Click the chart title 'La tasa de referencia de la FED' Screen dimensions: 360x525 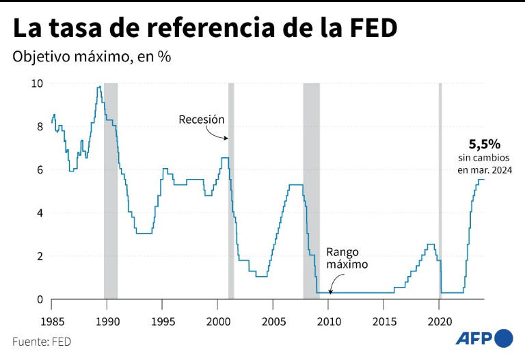pos(205,29)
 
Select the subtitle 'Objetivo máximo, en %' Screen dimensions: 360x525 pos(92,57)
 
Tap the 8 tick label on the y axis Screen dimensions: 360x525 pos(40,126)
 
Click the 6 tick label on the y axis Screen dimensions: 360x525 pos(40,169)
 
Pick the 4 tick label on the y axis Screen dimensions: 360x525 pos(40,213)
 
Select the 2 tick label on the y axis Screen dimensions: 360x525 pos(40,256)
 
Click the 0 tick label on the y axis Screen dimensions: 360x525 pos(40,299)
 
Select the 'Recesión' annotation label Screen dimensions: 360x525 pos(202,120)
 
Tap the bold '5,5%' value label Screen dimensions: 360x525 pos(484,144)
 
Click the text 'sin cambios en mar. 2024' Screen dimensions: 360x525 pos(484,165)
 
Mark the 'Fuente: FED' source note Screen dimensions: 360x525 pos(42,341)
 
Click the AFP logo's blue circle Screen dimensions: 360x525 pos(503,338)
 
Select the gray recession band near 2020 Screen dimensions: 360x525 pos(440,191)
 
